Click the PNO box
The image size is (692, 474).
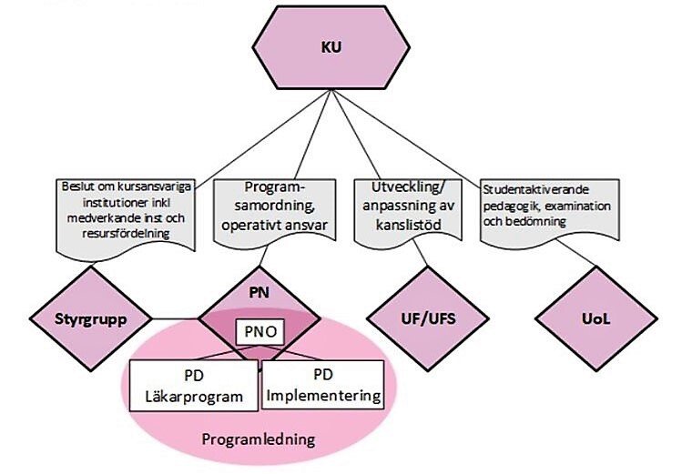point(260,332)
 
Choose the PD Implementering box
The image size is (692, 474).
point(324,386)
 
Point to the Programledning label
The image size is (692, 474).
point(258,439)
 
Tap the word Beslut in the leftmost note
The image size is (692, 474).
point(77,187)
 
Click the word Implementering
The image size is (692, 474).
point(324,397)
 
